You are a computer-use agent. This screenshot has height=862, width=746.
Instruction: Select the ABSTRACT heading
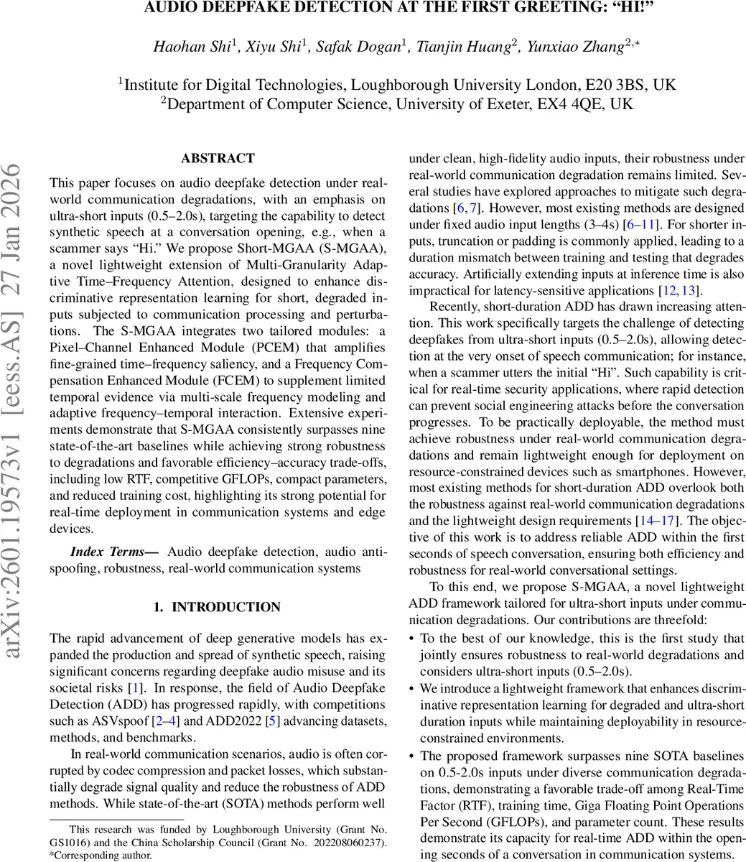coord(218,158)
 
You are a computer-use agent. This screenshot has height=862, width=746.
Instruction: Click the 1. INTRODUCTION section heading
coord(218,607)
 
